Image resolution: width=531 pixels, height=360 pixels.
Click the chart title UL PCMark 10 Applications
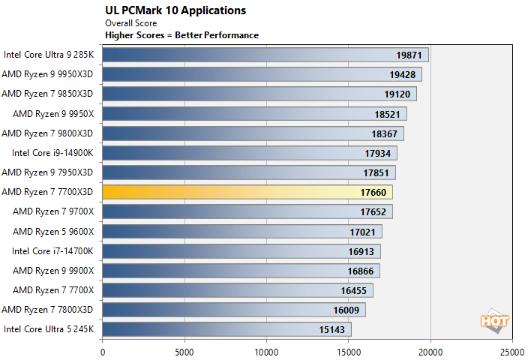pos(175,10)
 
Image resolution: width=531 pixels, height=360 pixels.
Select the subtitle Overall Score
pos(131,23)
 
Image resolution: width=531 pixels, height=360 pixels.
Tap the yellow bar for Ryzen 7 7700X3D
pos(247,192)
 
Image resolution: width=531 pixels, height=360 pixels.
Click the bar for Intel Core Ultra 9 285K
pos(265,55)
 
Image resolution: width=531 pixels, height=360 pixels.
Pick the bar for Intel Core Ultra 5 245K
pos(227,329)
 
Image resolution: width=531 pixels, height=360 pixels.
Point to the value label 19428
pos(402,74)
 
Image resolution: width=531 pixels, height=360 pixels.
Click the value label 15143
pos(331,329)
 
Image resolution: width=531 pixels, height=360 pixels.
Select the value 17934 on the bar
pos(377,154)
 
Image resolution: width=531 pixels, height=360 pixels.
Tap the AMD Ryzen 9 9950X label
pos(53,114)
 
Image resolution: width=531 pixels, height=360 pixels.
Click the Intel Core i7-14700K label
pos(52,251)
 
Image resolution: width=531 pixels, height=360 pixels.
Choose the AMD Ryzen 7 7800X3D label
pos(47,310)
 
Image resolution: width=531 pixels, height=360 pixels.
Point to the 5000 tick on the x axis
pos(184,352)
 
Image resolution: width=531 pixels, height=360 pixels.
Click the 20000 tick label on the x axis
pos(430,352)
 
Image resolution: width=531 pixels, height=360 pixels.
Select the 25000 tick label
pos(512,352)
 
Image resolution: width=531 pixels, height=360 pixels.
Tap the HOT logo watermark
pos(494,320)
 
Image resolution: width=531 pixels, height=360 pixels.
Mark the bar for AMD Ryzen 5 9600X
pos(242,232)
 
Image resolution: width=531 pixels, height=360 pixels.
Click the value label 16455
pos(353,290)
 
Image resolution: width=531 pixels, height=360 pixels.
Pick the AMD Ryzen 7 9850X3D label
pos(47,94)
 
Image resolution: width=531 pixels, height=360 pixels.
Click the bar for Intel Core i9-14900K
pos(250,153)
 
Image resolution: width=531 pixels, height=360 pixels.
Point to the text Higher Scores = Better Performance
pos(181,35)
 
